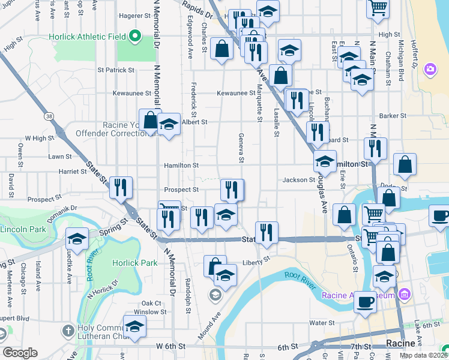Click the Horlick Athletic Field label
[x=84, y=37]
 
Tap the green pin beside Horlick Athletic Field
[x=134, y=37]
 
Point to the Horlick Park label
[x=135, y=263]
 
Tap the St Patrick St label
[x=116, y=70]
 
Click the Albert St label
[x=194, y=122]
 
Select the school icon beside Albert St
[x=169, y=125]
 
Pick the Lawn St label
[x=60, y=157]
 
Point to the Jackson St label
[x=299, y=179]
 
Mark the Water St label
[x=321, y=323]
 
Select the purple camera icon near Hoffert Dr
[x=430, y=70]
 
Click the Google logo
[x=20, y=353]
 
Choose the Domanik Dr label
[x=65, y=208]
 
